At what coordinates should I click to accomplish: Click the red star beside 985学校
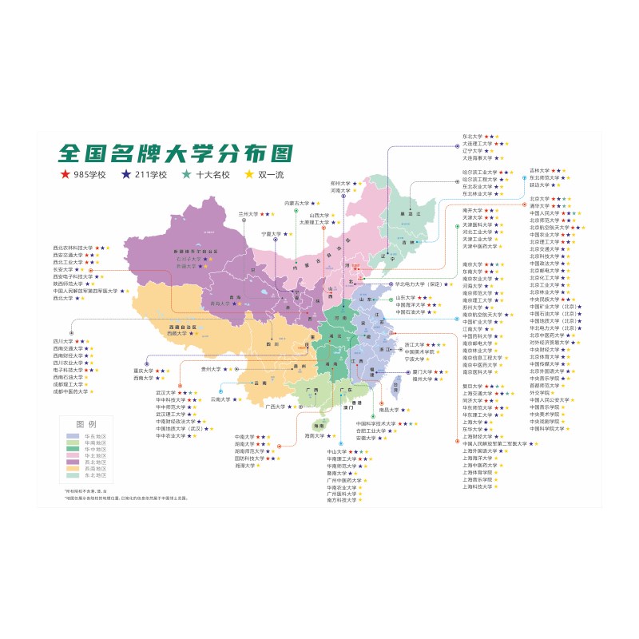62,174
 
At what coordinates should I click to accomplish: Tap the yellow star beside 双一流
248,174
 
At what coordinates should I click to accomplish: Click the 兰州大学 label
249,214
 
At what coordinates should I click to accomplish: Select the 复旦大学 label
474,387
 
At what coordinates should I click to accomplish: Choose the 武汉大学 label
166,393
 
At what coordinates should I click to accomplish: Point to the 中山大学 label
337,452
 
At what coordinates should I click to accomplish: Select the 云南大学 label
221,399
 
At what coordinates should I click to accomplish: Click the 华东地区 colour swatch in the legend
73,435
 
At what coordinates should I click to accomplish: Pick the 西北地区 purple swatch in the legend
73,461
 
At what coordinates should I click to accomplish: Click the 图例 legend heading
85,423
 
